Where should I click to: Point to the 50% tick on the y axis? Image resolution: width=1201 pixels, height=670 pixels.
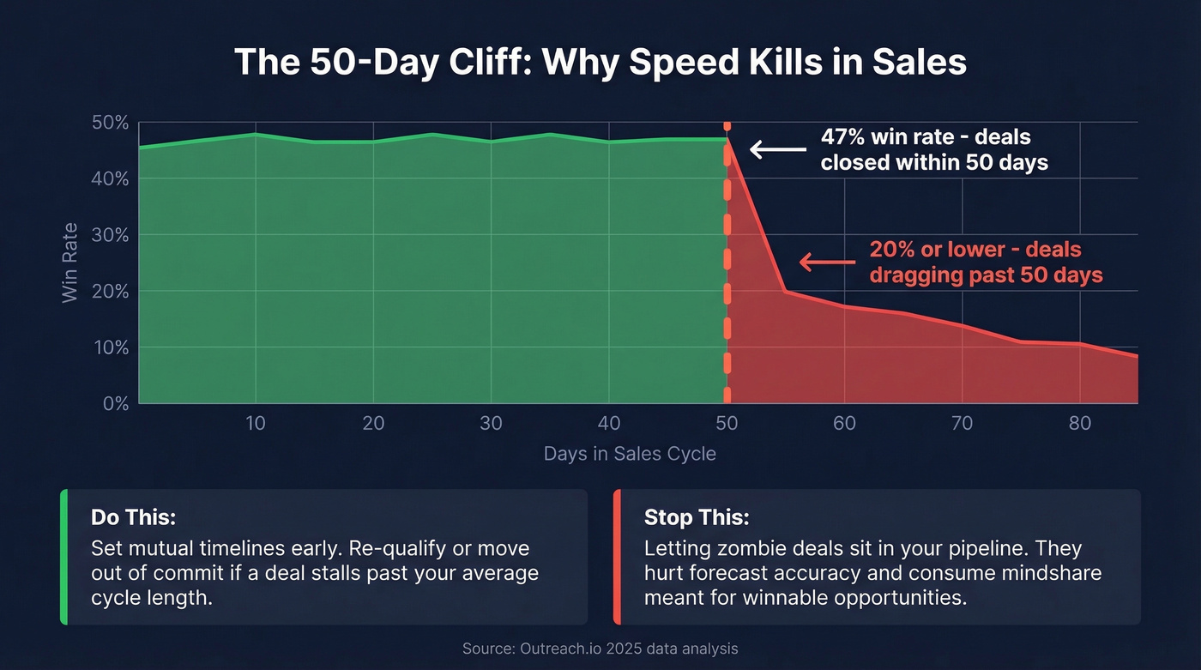(110, 124)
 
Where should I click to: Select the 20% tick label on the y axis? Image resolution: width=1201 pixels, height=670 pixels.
(110, 292)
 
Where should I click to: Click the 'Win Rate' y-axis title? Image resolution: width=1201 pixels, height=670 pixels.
(70, 263)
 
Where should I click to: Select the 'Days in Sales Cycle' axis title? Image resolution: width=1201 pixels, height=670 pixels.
(630, 454)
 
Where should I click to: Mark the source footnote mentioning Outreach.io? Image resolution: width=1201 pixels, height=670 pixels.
(600, 649)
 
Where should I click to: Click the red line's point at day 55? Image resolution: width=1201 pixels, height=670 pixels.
(785, 292)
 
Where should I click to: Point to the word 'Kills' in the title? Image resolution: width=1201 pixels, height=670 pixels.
(769, 64)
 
